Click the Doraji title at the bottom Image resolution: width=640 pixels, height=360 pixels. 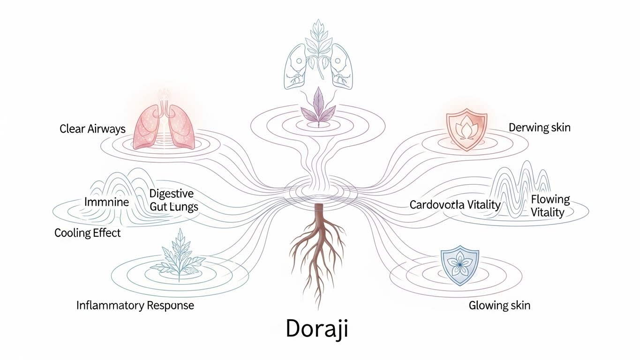tap(317, 329)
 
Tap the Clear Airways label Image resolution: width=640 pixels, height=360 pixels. tap(92, 128)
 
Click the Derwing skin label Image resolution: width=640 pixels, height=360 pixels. tap(539, 127)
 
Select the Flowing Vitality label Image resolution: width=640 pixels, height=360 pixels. tap(550, 206)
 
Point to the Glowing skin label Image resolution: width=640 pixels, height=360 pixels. tap(499, 306)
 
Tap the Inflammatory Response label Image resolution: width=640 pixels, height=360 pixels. tap(135, 306)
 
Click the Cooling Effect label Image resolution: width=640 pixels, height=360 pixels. tap(88, 233)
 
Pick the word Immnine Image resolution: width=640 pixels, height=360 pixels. tap(106, 202)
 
